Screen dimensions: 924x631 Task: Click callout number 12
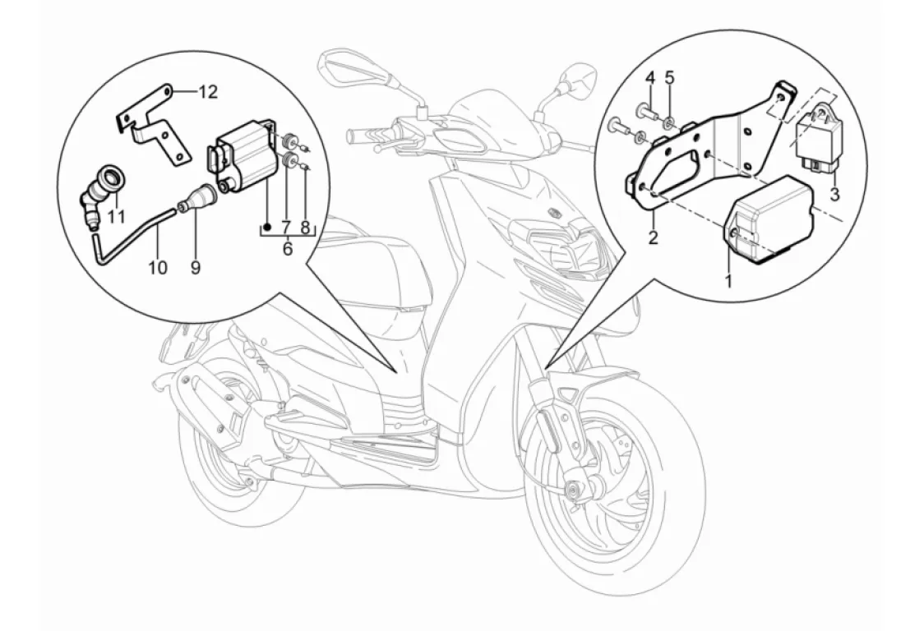pyautogui.click(x=208, y=91)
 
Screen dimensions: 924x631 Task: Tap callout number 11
pyautogui.click(x=116, y=218)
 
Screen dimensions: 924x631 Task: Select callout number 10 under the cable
pyautogui.click(x=157, y=267)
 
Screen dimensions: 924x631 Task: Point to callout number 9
pyautogui.click(x=196, y=267)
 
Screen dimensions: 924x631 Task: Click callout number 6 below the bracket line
pyautogui.click(x=288, y=248)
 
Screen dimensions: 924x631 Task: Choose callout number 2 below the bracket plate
pyautogui.click(x=653, y=239)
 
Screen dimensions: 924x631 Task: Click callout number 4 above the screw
pyautogui.click(x=649, y=78)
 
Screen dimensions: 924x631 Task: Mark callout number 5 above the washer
pyautogui.click(x=669, y=78)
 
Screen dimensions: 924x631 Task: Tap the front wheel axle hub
pyautogui.click(x=567, y=491)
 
